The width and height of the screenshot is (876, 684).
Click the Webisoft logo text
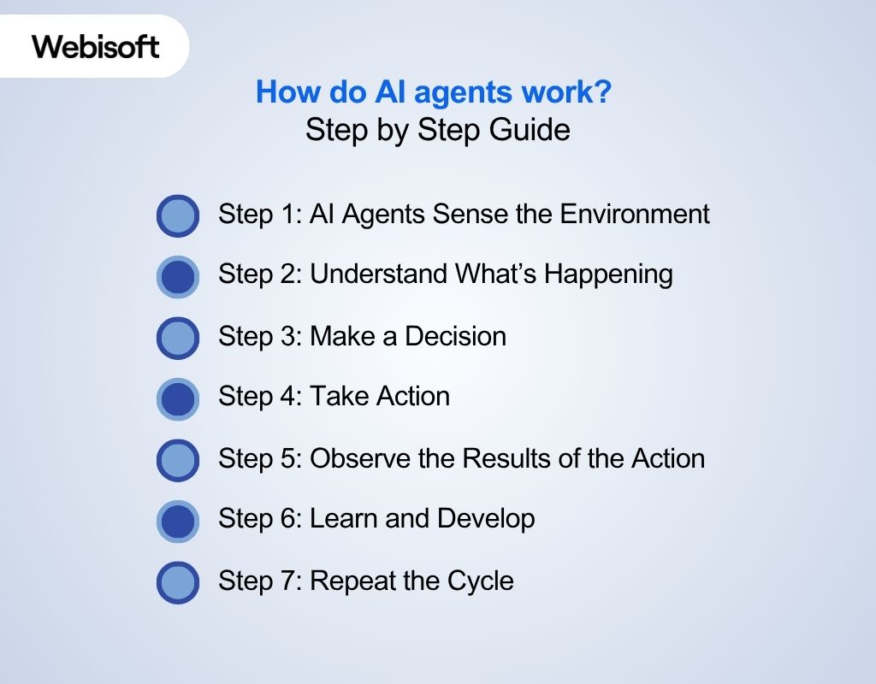(96, 45)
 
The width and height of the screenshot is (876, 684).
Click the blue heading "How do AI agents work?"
(434, 92)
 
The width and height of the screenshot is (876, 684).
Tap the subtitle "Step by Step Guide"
(437, 130)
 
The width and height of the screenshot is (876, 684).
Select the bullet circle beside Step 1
(178, 215)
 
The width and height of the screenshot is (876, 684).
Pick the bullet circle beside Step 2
(178, 276)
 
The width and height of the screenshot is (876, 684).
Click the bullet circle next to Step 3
(178, 338)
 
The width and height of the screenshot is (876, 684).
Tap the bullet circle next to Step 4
(178, 398)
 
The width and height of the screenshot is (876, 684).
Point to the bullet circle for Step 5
(178, 460)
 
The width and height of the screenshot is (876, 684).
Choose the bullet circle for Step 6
(178, 521)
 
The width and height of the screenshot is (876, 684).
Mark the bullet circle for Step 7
(178, 582)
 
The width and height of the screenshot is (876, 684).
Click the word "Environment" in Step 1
(635, 213)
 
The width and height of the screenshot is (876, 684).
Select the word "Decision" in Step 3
(455, 336)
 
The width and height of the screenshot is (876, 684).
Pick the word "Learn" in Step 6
(342, 519)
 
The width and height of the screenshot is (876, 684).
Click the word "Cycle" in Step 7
(481, 581)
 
